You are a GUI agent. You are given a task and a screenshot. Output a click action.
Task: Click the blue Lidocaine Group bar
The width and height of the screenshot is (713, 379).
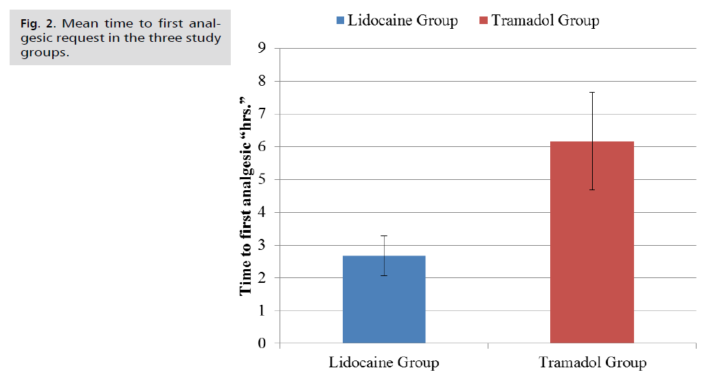383,299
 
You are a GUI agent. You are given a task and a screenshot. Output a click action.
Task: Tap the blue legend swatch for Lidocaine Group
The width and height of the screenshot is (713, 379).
339,20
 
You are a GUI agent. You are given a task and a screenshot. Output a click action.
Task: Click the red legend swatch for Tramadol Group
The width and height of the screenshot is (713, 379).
484,20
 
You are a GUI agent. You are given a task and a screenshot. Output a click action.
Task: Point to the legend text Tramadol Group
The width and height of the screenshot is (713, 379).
545,20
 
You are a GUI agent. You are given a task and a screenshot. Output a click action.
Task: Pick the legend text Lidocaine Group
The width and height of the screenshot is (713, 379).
403,20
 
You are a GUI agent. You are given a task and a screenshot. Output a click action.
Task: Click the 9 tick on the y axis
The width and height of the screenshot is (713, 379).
262,48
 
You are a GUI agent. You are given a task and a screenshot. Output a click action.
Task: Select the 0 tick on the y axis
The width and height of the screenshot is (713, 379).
262,343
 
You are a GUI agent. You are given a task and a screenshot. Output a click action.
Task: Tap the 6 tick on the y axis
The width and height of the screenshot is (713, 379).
262,147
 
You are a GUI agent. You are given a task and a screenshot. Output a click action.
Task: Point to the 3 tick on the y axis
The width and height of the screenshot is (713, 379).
262,245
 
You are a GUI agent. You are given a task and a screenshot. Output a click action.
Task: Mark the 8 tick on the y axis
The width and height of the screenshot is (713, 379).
262,81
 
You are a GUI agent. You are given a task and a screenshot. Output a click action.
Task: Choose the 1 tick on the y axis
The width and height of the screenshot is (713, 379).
262,310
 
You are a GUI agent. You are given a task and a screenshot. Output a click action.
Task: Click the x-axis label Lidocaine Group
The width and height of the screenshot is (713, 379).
384,362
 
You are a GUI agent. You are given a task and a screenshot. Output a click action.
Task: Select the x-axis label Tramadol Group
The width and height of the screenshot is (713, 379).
592,362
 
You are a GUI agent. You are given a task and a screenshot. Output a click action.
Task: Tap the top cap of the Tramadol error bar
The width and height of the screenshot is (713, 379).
591,92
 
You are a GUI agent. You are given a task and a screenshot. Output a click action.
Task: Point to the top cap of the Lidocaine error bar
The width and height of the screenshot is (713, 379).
383,236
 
